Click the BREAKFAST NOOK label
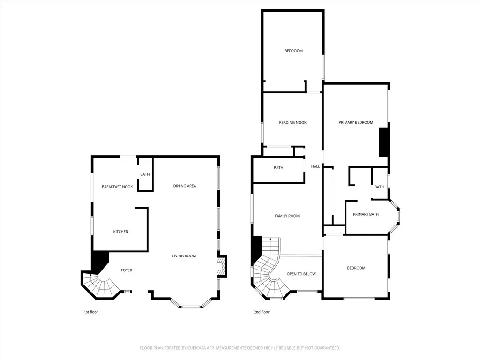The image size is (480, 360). [117, 187]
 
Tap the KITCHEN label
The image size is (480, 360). [120, 232]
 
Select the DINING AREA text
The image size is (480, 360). [185, 186]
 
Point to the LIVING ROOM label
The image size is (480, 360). [184, 256]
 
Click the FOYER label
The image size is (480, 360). [126, 270]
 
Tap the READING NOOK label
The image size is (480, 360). [292, 123]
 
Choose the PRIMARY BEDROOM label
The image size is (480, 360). [356, 123]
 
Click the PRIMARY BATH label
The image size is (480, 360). [366, 214]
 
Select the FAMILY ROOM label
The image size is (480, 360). [287, 216]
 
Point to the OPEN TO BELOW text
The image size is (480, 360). [301, 274]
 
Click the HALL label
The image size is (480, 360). [315, 166]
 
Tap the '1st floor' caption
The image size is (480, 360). [90, 312]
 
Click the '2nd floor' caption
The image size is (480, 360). [262, 312]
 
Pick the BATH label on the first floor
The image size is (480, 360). [145, 175]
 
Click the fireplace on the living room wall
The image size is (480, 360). [222, 266]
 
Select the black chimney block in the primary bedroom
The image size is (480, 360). [384, 142]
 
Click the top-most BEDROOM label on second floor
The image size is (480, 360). [293, 51]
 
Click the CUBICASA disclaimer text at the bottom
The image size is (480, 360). [240, 348]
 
